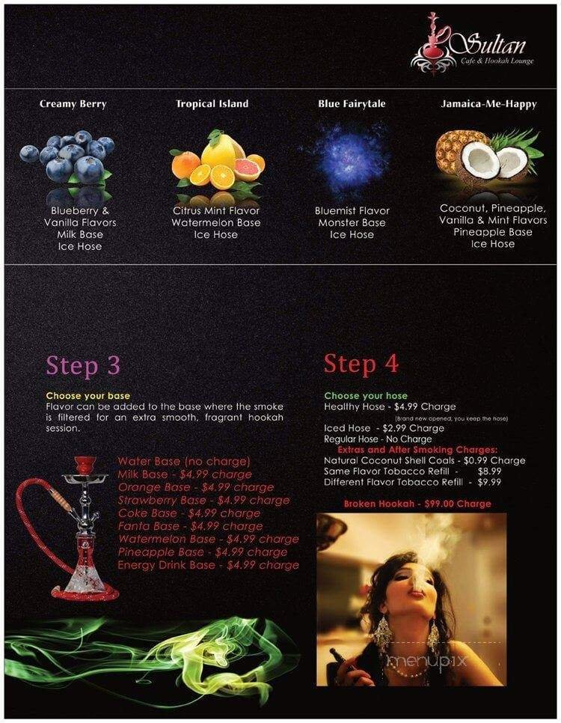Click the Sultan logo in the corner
[x=472, y=46]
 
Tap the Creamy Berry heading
[x=73, y=104]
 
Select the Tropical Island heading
[x=212, y=104]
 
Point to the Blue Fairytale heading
[x=352, y=104]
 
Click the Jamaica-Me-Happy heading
[x=488, y=104]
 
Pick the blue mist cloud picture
[x=351, y=158]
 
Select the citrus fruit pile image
[x=217, y=161]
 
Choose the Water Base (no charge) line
[x=183, y=461]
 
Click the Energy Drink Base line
[x=208, y=565]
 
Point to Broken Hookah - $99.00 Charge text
[x=417, y=504]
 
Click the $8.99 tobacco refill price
[x=489, y=472]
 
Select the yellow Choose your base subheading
[x=88, y=395]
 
